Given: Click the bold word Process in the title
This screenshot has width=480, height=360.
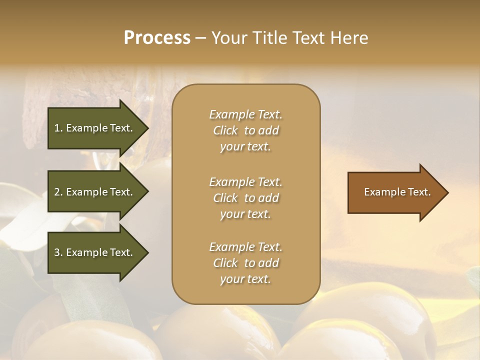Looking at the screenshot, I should click(157, 38).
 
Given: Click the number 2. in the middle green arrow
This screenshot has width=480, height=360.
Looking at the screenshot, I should click(58, 192).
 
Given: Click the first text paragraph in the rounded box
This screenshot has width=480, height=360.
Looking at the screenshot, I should click(245, 130).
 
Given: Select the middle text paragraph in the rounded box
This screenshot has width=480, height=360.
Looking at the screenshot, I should click(245, 198).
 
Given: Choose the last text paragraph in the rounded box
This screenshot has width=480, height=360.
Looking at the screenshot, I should click(245, 263).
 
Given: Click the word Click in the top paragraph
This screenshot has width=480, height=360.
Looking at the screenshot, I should click(225, 130).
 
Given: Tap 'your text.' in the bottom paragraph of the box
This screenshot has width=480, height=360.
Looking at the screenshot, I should click(245, 279).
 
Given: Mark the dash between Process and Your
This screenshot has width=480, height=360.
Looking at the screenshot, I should click(200, 38).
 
